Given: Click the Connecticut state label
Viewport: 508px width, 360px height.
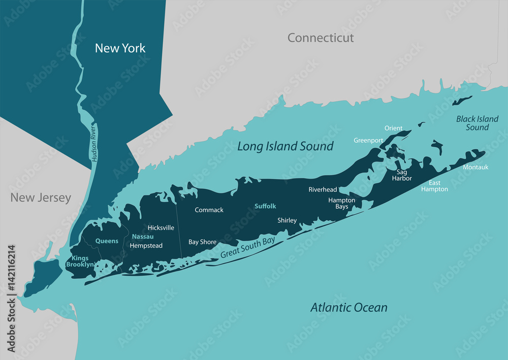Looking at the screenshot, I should click(x=320, y=38).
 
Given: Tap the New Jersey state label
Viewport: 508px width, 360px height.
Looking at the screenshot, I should click(x=41, y=198).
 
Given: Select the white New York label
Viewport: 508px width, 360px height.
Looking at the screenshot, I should click(x=120, y=48).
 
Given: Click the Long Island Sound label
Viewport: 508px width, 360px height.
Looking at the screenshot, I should click(x=285, y=146).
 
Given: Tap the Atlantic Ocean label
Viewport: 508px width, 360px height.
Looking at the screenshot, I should click(x=348, y=307).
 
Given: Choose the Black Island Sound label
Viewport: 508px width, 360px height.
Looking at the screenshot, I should click(x=477, y=123).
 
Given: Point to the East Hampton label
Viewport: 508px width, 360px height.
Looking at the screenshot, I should click(x=434, y=186).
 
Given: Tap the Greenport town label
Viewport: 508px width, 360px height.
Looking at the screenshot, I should click(x=368, y=140).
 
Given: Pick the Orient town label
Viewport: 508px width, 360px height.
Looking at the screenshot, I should click(x=393, y=128).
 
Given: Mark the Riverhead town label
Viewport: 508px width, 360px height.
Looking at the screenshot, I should click(x=323, y=189).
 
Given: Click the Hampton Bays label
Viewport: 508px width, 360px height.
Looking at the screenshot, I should click(x=341, y=203).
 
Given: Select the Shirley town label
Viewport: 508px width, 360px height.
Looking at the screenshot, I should click(x=287, y=220).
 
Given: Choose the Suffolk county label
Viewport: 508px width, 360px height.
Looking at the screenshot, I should click(x=265, y=206).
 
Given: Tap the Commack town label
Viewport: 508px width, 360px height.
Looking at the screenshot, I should click(x=209, y=210).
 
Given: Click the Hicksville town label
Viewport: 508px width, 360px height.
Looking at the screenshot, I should click(x=161, y=228).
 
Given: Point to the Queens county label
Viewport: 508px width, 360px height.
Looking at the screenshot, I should click(x=107, y=241).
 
